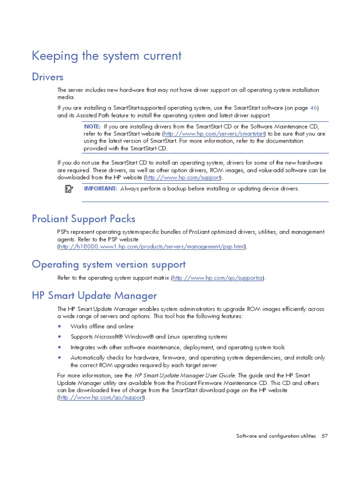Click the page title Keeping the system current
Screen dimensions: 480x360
[x=106, y=56]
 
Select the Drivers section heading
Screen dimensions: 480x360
[x=47, y=76]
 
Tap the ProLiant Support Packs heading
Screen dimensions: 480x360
[x=83, y=218]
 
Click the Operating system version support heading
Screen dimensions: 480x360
[x=109, y=264]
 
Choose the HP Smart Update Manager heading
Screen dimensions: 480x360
[x=94, y=296]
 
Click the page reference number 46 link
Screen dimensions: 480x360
[x=314, y=108]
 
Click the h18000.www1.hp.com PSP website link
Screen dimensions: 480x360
[x=151, y=247]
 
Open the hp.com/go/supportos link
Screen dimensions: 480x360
[x=218, y=278]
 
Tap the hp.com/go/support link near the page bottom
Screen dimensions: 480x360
[x=102, y=397]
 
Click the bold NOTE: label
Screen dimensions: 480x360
[x=92, y=127]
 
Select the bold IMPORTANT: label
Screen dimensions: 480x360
[x=100, y=188]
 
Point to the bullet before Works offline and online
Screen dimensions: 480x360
[x=60, y=326]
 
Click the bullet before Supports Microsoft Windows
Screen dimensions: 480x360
[x=60, y=337]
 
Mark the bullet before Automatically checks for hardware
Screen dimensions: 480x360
[x=60, y=358]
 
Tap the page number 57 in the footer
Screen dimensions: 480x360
[x=324, y=436]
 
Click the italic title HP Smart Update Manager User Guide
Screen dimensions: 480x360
[x=186, y=375]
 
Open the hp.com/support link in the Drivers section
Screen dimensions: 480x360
[x=183, y=178]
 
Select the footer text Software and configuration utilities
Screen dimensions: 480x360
[x=276, y=436]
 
